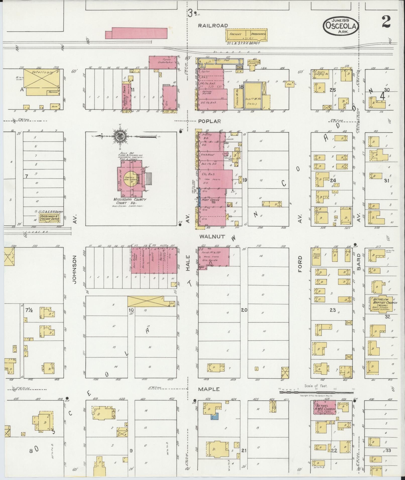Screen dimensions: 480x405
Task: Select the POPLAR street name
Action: (209, 121)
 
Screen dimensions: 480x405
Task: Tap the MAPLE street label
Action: (209, 389)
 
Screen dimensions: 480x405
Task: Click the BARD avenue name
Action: (359, 262)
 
